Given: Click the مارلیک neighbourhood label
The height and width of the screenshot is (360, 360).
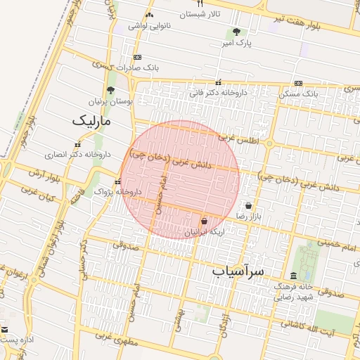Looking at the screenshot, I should tap(91, 121).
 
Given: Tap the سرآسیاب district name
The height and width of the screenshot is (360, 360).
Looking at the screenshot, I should tap(238, 271).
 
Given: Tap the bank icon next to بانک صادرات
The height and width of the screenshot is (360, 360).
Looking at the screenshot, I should tap(137, 57).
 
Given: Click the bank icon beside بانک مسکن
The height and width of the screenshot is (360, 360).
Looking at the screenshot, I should tap(298, 83).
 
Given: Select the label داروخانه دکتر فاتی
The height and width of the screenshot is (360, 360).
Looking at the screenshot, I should tap(218, 92).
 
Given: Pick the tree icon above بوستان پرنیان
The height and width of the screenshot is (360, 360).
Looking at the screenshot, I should tap(110, 90).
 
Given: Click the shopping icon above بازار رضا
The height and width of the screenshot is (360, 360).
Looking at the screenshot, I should tap(249, 206).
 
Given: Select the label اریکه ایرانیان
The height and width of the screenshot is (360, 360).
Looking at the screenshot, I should tap(204, 232).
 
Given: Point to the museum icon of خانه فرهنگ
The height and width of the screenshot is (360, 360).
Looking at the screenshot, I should tap(292, 276).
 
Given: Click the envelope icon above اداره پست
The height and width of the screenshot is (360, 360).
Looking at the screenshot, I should tap(5, 329).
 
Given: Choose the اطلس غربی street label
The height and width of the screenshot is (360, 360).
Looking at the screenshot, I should tap(238, 139).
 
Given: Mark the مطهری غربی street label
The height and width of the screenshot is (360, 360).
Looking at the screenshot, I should tap(113, 338).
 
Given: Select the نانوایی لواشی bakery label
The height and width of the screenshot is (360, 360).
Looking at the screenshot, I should tap(149, 26).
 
